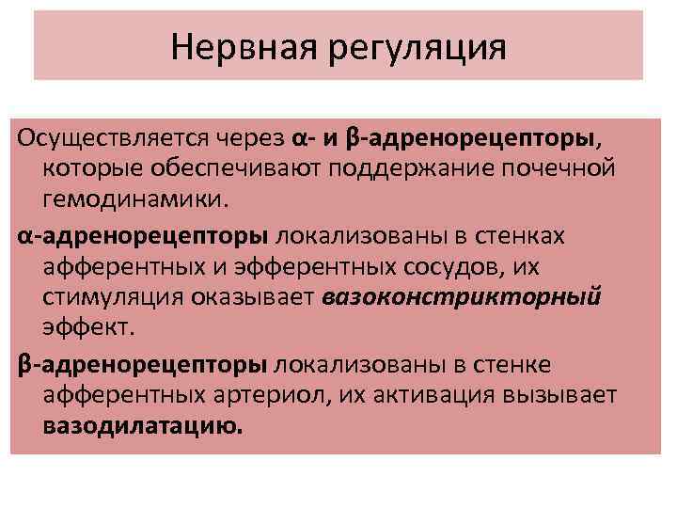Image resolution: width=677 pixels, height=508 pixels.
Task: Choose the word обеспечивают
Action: pyautogui.click(x=227, y=169)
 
